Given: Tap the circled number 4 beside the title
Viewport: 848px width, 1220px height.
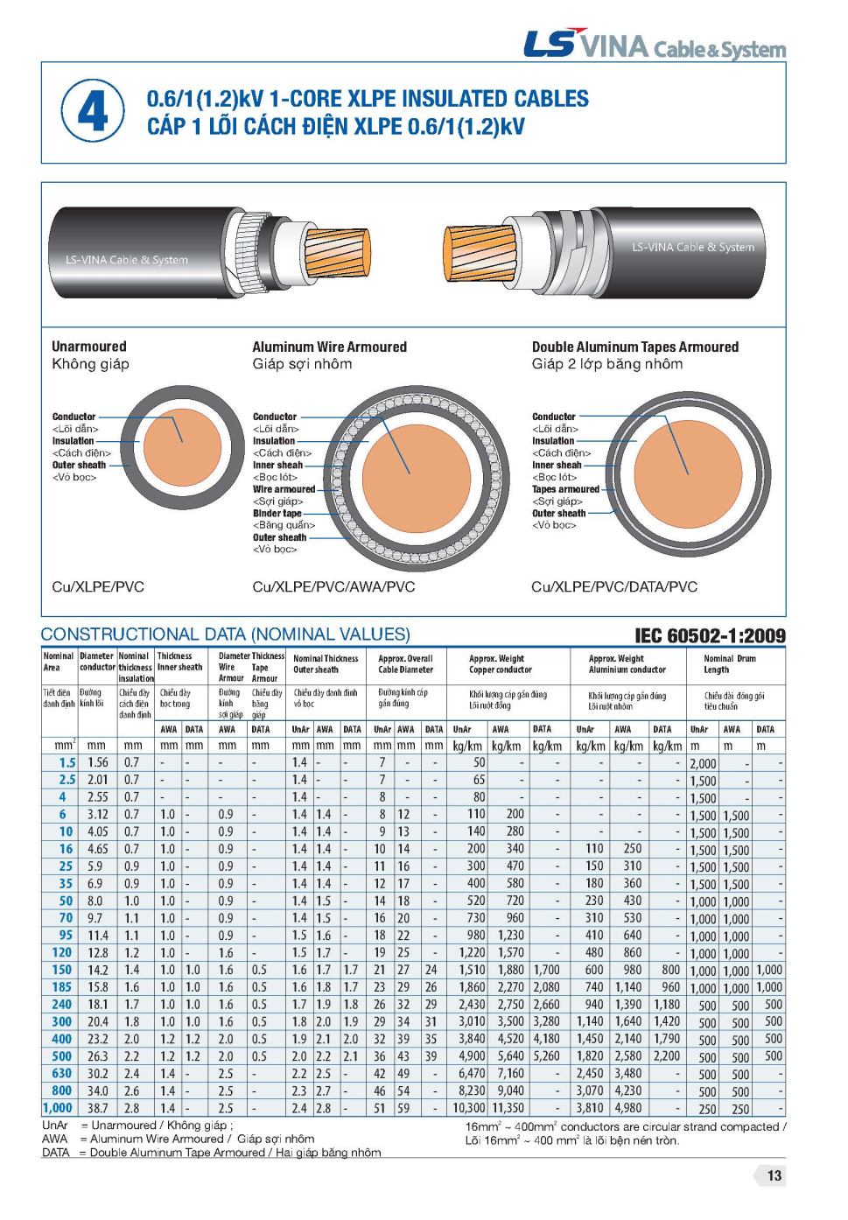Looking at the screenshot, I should click(x=93, y=111).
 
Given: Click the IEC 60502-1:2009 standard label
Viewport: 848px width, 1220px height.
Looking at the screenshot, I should click(x=710, y=635).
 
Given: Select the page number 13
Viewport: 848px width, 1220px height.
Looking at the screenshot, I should click(x=774, y=1175).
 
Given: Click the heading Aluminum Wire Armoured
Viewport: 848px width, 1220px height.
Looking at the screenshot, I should click(x=329, y=347).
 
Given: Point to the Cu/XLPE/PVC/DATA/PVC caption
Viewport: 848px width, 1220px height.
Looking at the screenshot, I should click(x=613, y=586).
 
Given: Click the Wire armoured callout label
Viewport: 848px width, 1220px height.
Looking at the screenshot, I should click(x=284, y=489).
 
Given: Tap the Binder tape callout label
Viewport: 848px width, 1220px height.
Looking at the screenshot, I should click(x=277, y=514).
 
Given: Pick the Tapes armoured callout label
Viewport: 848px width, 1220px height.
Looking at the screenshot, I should click(x=565, y=489).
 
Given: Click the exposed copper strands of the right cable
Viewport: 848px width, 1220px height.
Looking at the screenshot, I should click(x=477, y=251).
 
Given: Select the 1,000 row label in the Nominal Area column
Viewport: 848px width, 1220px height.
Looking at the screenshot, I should click(x=59, y=1108).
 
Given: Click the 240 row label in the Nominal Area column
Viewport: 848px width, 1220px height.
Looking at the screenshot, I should click(x=61, y=1005).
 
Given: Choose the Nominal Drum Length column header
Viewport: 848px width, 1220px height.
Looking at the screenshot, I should click(x=729, y=664).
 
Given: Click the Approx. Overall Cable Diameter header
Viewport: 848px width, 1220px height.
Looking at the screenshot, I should click(x=405, y=664).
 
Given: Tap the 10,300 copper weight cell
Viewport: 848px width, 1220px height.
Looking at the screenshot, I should click(x=468, y=1108).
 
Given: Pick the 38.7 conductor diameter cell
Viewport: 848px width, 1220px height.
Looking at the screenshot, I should click(x=97, y=1108).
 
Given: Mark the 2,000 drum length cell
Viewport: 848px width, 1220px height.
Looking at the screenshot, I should click(x=703, y=763).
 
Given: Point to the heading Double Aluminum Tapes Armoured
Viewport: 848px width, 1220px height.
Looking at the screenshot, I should click(x=634, y=347).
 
